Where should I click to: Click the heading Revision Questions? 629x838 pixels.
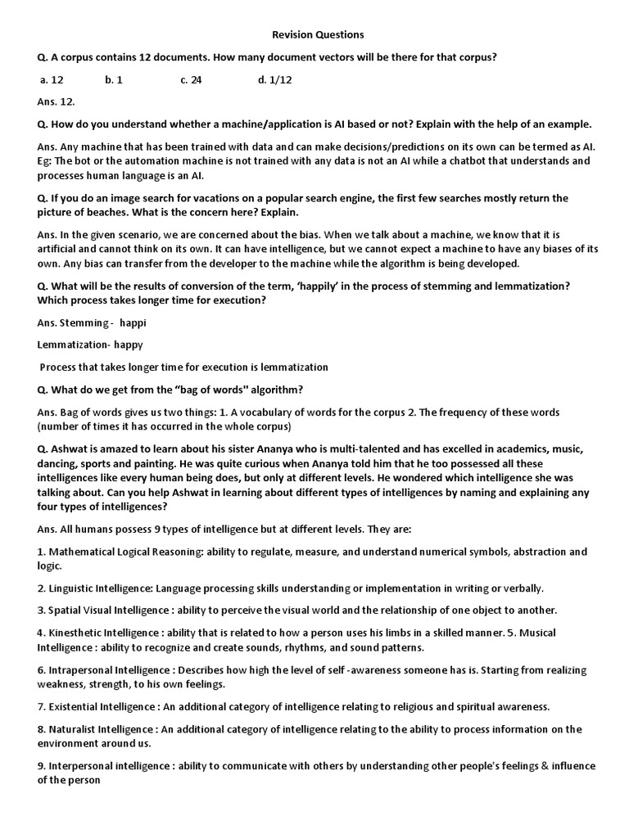click(317, 35)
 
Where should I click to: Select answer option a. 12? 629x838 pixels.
click(52, 80)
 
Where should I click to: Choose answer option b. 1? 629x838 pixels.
click(114, 80)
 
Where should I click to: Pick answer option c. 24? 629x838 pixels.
click(191, 80)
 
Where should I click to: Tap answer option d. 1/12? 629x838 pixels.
click(274, 80)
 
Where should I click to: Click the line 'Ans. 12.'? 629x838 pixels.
click(56, 102)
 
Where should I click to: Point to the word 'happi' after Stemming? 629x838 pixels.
click(133, 322)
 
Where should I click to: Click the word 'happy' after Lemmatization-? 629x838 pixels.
click(128, 345)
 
